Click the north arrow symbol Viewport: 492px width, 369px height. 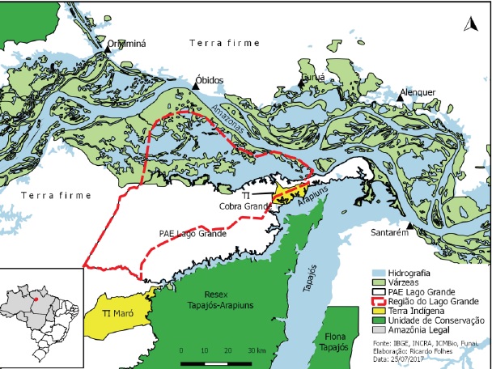(x=469, y=25)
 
